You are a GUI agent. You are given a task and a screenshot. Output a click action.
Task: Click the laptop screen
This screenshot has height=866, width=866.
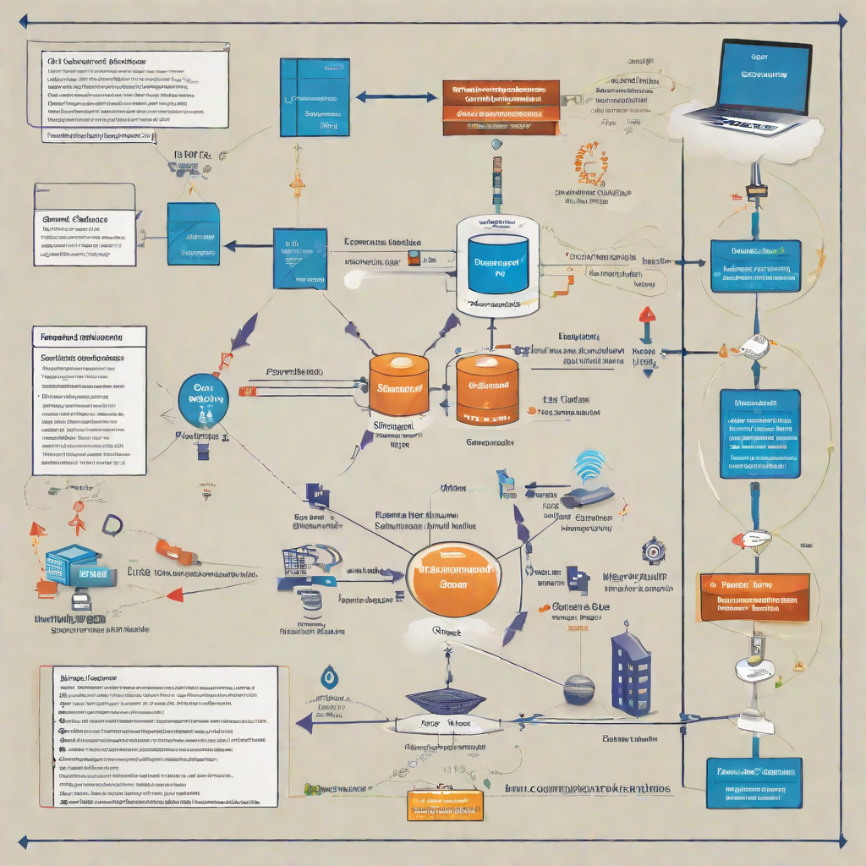coord(762,74)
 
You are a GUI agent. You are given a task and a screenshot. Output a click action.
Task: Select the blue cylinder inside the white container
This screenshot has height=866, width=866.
coord(498,265)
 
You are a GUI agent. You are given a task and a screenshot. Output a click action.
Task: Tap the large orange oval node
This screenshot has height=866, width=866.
coord(454,578)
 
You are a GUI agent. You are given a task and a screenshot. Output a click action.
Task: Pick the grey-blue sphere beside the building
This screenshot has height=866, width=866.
coord(579,689)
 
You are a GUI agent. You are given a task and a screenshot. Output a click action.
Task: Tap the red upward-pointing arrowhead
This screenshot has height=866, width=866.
coord(647,314)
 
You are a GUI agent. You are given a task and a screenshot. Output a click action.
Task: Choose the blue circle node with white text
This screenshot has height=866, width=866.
coord(204,397)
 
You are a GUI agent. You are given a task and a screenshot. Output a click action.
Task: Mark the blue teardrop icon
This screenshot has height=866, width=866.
coord(329,677)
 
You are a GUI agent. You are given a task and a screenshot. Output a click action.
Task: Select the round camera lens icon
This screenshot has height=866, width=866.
coord(653,550)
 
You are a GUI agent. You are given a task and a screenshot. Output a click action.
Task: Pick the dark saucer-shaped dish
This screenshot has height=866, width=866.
coord(446,701)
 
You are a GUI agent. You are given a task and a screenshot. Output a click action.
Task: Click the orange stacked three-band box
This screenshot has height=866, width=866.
coord(500,108)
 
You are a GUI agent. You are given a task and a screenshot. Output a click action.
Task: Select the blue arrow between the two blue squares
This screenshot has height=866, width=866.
coord(244,246)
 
